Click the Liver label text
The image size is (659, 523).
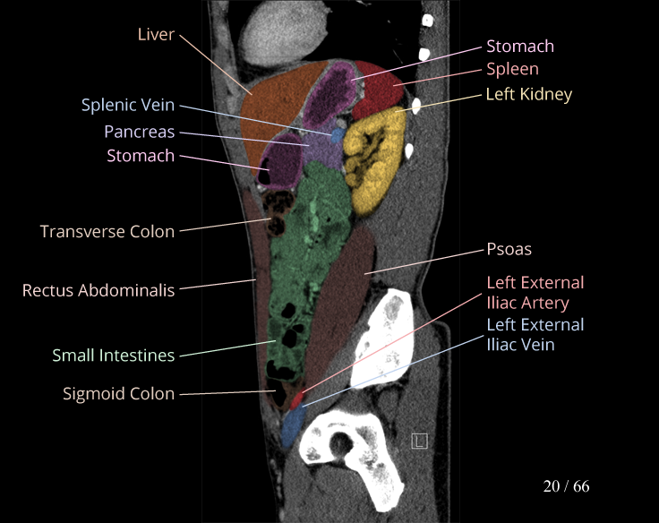click(156, 34)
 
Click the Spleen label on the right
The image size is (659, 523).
click(512, 68)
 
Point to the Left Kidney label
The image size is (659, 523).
click(528, 93)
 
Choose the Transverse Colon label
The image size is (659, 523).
click(107, 231)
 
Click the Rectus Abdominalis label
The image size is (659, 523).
click(98, 290)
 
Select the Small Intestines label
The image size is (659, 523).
click(113, 356)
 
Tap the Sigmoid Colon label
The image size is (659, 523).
click(118, 393)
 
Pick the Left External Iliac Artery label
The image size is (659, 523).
click(535, 293)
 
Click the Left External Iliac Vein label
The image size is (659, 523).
click(535, 333)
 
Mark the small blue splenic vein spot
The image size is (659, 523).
click(338, 135)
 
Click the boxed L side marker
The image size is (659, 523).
click(419, 440)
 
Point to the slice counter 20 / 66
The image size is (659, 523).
click(566, 486)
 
